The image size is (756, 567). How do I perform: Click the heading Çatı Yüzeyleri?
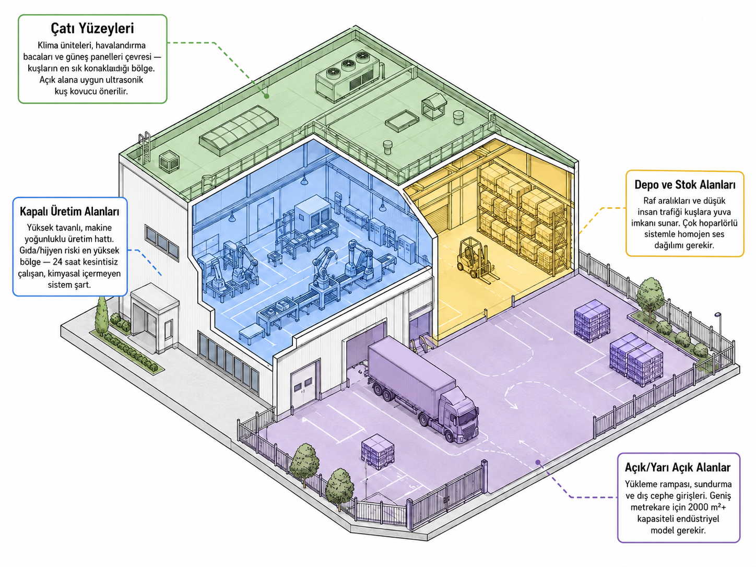(92, 29)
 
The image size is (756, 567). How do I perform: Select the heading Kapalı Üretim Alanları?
(69, 211)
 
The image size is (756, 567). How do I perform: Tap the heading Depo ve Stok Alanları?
(684, 184)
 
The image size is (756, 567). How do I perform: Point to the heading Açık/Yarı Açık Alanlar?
(678, 467)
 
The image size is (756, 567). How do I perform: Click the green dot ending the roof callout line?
(266, 96)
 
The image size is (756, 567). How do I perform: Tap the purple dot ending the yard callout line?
(538, 463)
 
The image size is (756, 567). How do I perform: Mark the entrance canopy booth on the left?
(155, 317)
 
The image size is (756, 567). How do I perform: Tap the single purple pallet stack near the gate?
(377, 451)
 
